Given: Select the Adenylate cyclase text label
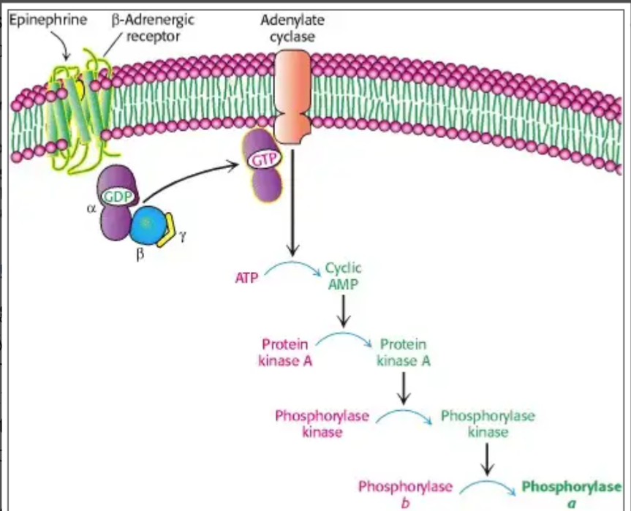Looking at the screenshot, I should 292,28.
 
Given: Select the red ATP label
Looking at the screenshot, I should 248,278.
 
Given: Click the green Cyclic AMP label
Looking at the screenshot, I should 344,276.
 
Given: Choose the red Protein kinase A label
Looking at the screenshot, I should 285,351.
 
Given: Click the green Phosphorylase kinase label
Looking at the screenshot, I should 488,424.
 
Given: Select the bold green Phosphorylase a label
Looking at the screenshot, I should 573,492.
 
